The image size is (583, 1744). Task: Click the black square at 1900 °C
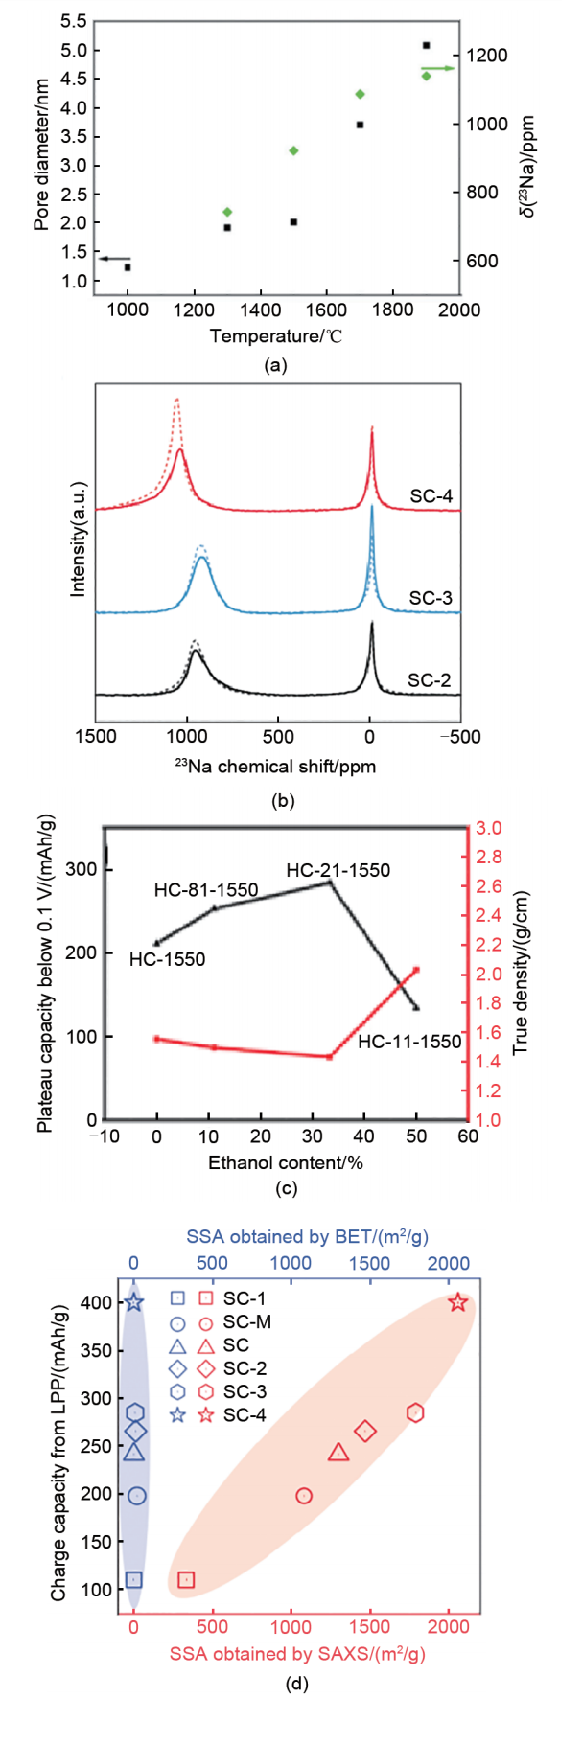click(x=426, y=45)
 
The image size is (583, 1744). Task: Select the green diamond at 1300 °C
click(x=227, y=212)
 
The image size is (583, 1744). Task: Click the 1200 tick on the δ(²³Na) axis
click(x=486, y=56)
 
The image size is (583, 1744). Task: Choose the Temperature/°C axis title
click(x=276, y=335)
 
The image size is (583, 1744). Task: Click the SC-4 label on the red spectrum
click(x=431, y=496)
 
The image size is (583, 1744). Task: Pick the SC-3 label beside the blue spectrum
click(x=431, y=598)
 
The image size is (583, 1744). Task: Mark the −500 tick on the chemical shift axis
click(x=459, y=737)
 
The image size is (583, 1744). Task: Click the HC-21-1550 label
click(x=338, y=870)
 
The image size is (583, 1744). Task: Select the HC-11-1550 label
click(x=409, y=1041)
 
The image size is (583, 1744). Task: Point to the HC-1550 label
click(x=167, y=959)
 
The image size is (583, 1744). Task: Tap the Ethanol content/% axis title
click(x=285, y=1162)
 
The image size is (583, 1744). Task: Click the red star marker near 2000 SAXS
click(x=457, y=1302)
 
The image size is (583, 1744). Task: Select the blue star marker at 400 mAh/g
click(x=134, y=1302)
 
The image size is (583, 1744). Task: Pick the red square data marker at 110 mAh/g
click(x=186, y=1580)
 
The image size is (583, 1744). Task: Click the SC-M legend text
click(x=246, y=1322)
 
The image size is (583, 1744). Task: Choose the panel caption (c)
click(x=286, y=1189)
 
